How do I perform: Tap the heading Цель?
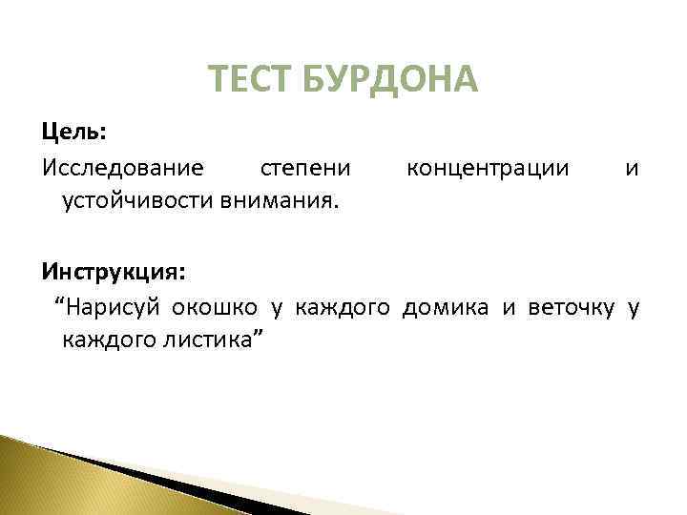click(x=73, y=130)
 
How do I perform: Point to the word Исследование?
click(x=122, y=168)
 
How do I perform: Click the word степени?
click(x=306, y=168)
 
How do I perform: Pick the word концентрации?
click(x=488, y=168)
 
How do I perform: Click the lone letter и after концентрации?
click(x=632, y=169)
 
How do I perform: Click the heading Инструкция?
click(x=114, y=271)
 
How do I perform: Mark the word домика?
click(x=447, y=306)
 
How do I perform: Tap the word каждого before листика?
click(x=107, y=339)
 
